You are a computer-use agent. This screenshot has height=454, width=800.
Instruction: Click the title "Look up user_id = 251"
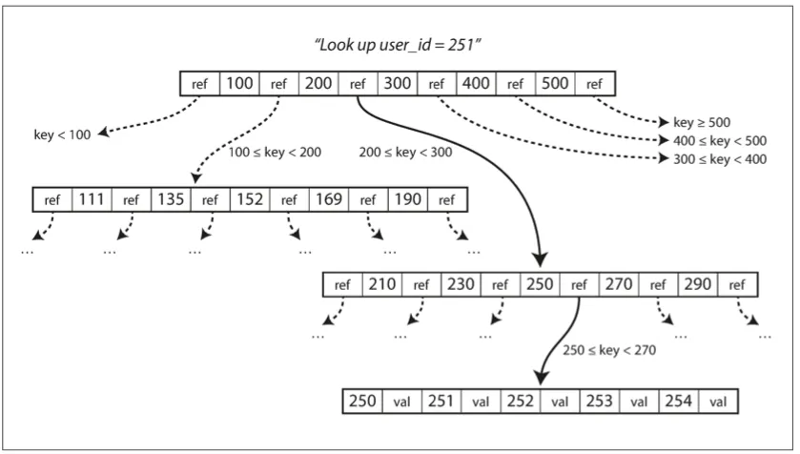[x=398, y=45]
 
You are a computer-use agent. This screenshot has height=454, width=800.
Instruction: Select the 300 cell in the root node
[x=398, y=84]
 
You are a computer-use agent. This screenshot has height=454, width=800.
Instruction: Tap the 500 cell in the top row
[x=555, y=84]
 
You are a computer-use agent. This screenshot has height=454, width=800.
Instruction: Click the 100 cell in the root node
[x=239, y=84]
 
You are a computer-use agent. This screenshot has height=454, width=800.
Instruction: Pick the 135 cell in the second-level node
[x=171, y=199]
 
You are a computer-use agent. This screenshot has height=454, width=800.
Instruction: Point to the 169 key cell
[x=329, y=199]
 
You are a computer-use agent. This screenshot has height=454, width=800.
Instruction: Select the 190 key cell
[x=408, y=199]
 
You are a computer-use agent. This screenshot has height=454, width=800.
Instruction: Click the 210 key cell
[x=382, y=284]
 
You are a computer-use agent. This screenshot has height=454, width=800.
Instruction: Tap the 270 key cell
[x=619, y=284]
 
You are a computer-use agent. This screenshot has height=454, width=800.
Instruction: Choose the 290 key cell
[x=698, y=284]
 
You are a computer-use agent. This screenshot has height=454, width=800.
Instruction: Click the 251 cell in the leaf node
[x=441, y=402]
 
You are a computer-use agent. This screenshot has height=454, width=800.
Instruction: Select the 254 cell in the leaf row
[x=679, y=402]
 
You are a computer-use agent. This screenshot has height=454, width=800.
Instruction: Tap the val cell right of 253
[x=639, y=402]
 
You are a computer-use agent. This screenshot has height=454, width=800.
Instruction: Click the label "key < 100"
[x=62, y=135]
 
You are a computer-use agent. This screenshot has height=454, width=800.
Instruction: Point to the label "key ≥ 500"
[x=702, y=122]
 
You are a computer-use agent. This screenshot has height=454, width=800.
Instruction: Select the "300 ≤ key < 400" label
[x=720, y=159]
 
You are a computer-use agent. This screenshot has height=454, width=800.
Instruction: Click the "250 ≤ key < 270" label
[x=609, y=350]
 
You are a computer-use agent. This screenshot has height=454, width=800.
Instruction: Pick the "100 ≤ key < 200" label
[x=275, y=153]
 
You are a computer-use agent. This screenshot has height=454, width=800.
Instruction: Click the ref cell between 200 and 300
[x=358, y=84]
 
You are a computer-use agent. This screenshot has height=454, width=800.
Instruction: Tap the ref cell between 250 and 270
[x=579, y=284]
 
